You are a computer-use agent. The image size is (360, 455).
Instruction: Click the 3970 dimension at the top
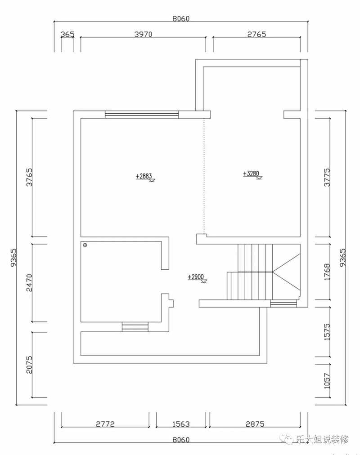[x=143, y=34]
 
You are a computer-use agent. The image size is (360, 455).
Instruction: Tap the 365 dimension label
[x=67, y=34]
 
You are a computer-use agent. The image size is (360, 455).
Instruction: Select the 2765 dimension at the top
[x=256, y=34]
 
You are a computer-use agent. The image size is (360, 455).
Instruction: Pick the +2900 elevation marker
[x=197, y=278]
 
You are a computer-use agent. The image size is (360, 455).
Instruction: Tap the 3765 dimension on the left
[x=30, y=177]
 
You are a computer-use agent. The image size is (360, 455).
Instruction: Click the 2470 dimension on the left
[x=30, y=283]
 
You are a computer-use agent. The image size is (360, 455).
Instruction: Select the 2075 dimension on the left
[x=30, y=365]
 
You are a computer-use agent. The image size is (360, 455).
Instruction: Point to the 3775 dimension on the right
[x=327, y=177]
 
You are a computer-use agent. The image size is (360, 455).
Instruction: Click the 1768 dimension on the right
[x=327, y=272]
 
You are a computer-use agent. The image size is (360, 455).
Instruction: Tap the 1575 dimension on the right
[x=327, y=332]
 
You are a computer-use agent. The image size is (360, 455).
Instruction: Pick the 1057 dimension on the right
[x=327, y=381]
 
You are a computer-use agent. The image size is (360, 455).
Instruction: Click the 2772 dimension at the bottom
[x=105, y=424]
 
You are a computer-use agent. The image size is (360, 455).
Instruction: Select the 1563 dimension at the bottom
[x=181, y=424]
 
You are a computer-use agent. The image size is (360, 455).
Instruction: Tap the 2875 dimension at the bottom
[x=255, y=424]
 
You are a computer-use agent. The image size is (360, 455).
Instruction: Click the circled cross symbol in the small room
[x=85, y=245]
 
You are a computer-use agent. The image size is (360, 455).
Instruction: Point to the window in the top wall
[x=142, y=115]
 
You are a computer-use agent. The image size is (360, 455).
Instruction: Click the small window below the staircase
[x=283, y=304]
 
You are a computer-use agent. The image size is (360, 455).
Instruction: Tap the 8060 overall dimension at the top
[x=181, y=18]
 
